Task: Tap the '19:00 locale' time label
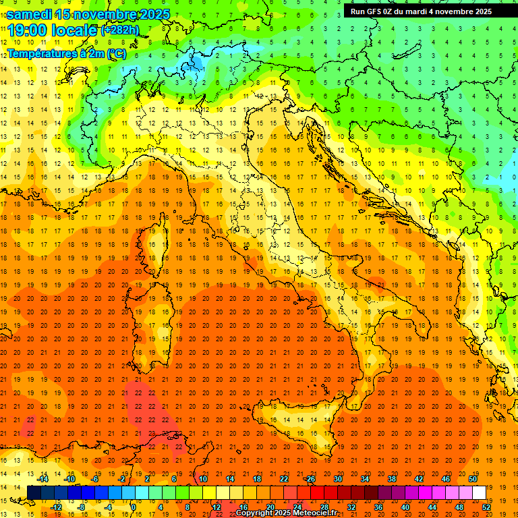(52, 30)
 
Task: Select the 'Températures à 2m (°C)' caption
(66, 53)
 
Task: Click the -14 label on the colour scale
(44, 479)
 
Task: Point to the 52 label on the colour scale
(486, 507)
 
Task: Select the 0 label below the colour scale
(134, 507)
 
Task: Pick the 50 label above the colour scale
(472, 479)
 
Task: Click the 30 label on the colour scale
(337, 479)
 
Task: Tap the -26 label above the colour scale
(310, 479)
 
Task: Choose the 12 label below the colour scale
(217, 507)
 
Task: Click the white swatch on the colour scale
(479, 492)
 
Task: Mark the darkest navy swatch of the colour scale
(34, 492)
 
